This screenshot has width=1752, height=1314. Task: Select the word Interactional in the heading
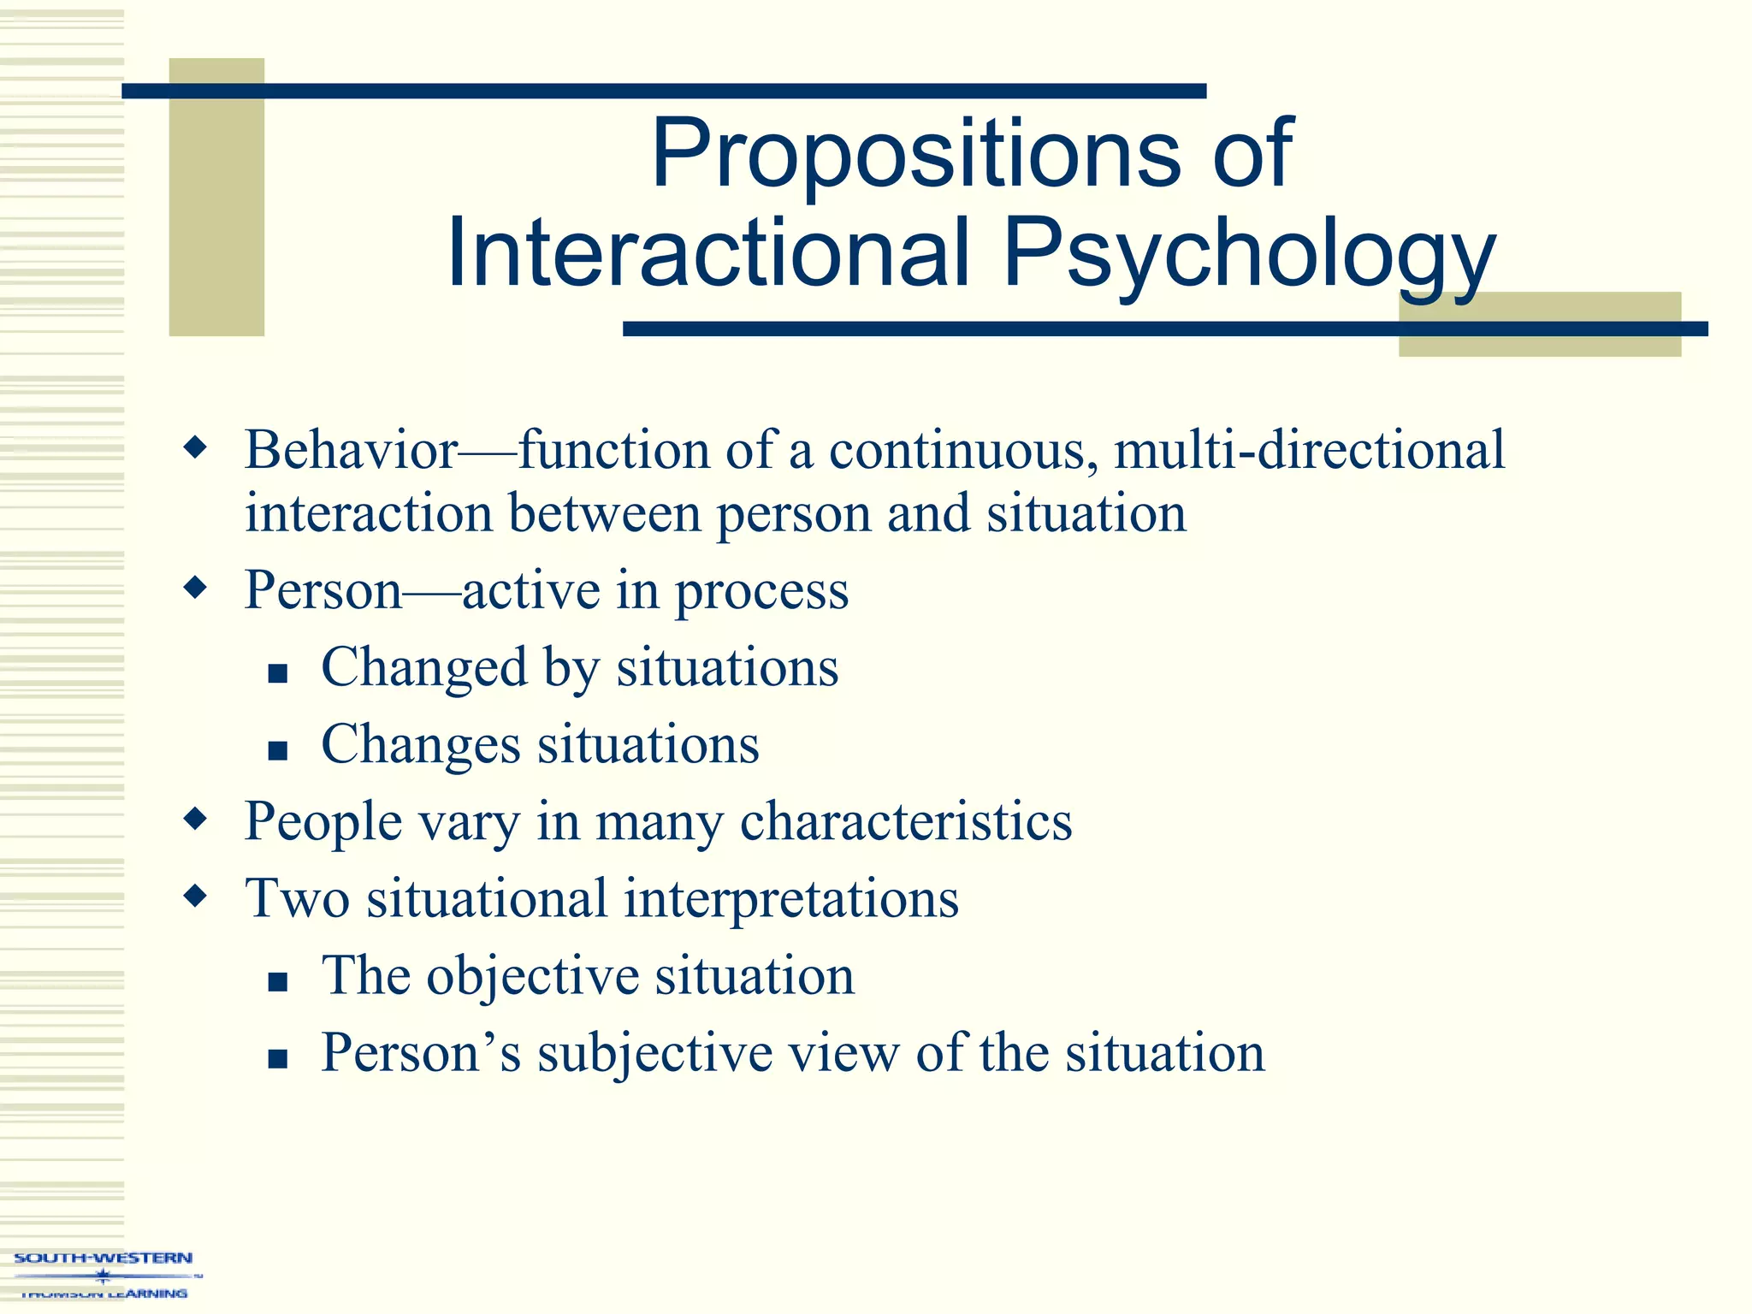point(709,252)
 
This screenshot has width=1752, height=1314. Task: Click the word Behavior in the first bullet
point(352,449)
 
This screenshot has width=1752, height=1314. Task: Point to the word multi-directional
point(1309,449)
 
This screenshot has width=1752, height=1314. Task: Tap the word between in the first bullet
point(605,513)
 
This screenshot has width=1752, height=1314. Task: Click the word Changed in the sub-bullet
point(424,667)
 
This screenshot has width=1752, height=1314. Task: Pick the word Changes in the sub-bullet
point(420,744)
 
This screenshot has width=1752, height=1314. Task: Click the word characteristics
point(906,821)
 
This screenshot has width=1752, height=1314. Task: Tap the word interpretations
point(791,899)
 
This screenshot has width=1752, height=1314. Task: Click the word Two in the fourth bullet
point(297,899)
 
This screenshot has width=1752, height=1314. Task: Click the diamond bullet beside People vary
point(196,819)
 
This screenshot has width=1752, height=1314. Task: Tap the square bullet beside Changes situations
point(277,750)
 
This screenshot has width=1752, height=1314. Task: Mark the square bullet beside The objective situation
point(277,981)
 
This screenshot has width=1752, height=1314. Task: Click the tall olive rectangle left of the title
point(216,197)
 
